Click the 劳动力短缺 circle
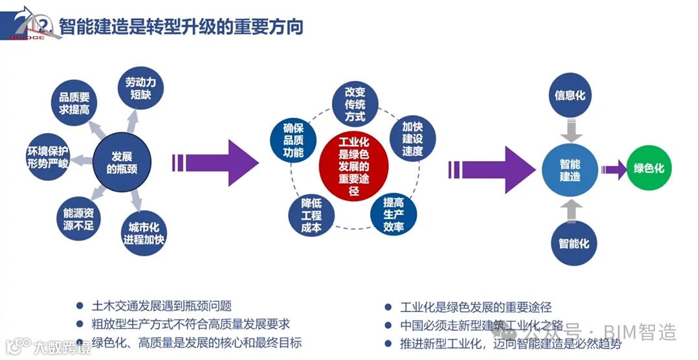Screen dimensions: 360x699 tap(141, 89)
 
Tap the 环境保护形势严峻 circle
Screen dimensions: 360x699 tap(47, 157)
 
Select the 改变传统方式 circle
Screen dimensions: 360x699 tap(355, 104)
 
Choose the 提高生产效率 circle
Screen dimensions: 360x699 tap(394, 214)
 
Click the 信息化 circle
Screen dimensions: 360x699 tap(570, 95)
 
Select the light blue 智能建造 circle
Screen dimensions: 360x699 tap(570, 170)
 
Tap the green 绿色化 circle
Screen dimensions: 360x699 tap(649, 168)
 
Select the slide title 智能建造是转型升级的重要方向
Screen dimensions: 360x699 tap(181, 27)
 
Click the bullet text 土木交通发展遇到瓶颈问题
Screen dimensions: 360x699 tap(162, 306)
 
